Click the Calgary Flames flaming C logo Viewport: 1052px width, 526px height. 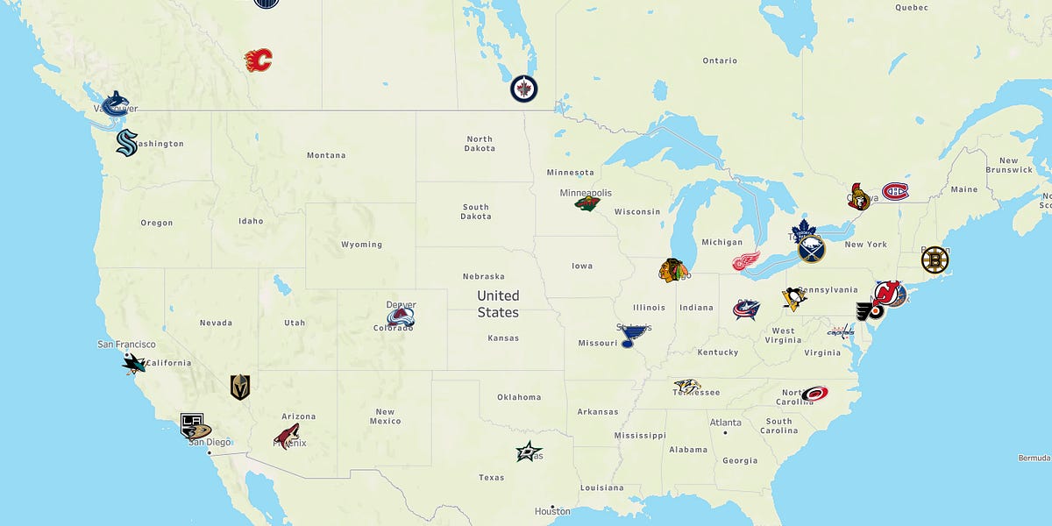pyautogui.click(x=259, y=60)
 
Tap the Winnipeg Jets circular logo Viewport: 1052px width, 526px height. pyautogui.click(x=524, y=89)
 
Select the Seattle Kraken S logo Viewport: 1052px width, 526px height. pyautogui.click(x=127, y=142)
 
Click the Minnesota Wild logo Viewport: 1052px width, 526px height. pyautogui.click(x=587, y=203)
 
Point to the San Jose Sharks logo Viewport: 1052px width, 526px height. pyautogui.click(x=134, y=362)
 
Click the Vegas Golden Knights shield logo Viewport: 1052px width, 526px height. pyautogui.click(x=240, y=387)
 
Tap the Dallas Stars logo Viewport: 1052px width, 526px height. pyautogui.click(x=529, y=452)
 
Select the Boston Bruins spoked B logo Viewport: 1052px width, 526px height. pyautogui.click(x=935, y=259)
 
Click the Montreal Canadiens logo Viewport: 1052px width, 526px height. pyautogui.click(x=895, y=191)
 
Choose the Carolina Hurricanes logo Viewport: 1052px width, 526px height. pyautogui.click(x=814, y=394)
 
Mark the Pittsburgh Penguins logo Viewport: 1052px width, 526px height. pyautogui.click(x=793, y=298)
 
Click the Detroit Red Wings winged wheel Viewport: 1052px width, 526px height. pyautogui.click(x=747, y=261)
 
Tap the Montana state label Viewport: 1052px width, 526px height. pyautogui.click(x=326, y=155)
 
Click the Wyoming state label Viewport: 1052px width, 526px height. pyautogui.click(x=361, y=245)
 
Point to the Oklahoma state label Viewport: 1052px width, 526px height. pyautogui.click(x=519, y=397)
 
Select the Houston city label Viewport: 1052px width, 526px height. pyautogui.click(x=552, y=511)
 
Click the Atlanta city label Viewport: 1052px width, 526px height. pyautogui.click(x=725, y=422)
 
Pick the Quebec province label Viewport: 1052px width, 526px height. pyautogui.click(x=911, y=7)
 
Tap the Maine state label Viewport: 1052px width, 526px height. pyautogui.click(x=963, y=189)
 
